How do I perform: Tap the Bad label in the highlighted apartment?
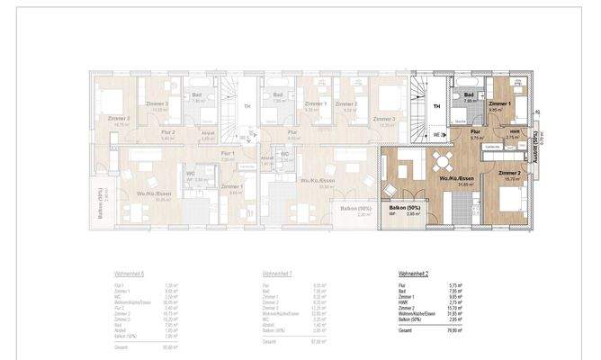pyautogui.click(x=468, y=101)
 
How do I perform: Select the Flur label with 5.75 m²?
pyautogui.click(x=475, y=131)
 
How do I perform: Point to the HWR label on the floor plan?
pyautogui.click(x=513, y=131)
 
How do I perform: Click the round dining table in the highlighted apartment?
pyautogui.click(x=443, y=163)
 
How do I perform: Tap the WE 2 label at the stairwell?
pyautogui.click(x=437, y=131)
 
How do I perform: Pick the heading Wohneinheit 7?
pyautogui.click(x=275, y=274)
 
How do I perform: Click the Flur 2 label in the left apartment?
pyautogui.click(x=142, y=132)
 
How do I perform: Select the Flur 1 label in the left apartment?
pyautogui.click(x=228, y=154)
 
